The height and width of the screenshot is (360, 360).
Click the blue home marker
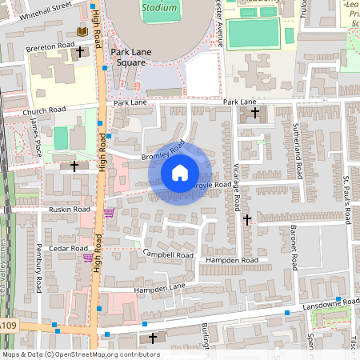pos(180,172)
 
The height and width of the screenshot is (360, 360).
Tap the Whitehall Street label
pos(46,9)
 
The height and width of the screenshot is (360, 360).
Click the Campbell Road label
pos(168,254)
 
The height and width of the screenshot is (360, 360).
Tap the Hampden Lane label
pos(159,288)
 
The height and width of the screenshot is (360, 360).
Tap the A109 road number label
pos(8,326)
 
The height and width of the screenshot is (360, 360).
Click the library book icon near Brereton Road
pos(80,31)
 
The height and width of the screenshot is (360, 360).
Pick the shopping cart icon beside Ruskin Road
pos(108,213)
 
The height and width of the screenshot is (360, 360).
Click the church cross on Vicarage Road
pos(246,219)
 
